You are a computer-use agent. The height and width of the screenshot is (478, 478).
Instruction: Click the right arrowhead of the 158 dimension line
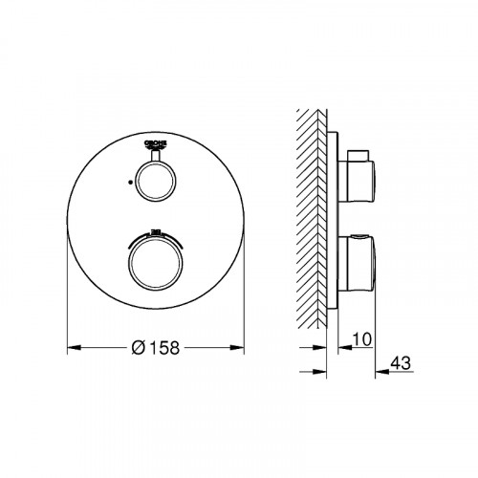click(x=245, y=346)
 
